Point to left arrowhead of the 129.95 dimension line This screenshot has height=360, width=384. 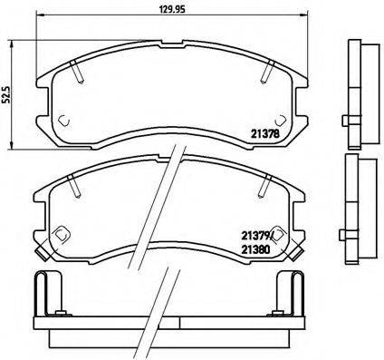pos(39,21)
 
